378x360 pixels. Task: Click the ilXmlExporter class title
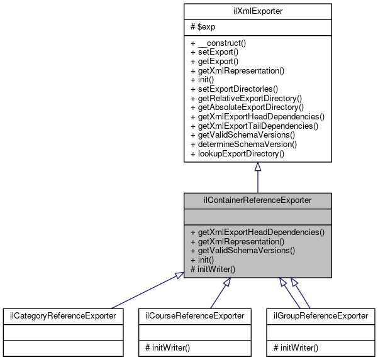(257, 11)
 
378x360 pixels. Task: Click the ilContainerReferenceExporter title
(257, 200)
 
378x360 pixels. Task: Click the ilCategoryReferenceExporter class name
(62, 315)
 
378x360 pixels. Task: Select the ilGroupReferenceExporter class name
(320, 315)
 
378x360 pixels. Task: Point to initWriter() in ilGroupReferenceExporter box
(293, 347)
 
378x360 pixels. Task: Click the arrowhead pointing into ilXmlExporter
(257, 167)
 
